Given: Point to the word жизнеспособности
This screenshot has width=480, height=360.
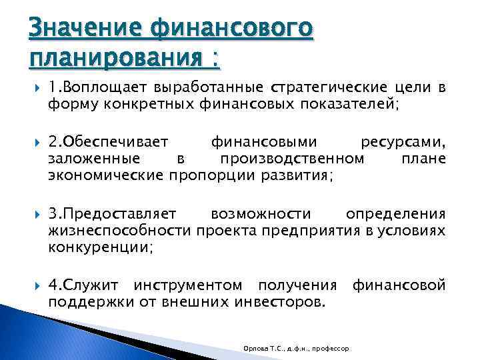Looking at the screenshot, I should pos(120,230).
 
